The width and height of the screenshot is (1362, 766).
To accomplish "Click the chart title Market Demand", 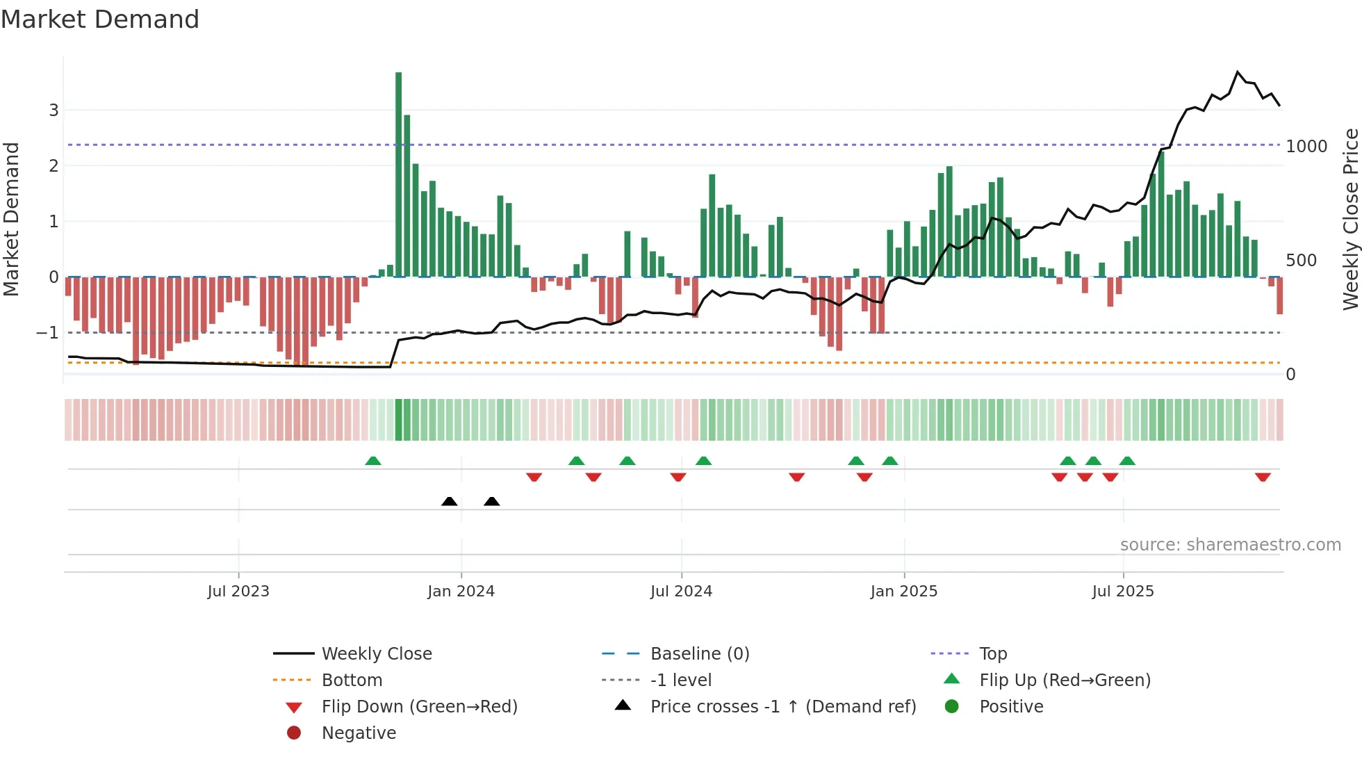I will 100,19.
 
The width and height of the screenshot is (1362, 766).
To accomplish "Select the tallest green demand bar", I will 398,174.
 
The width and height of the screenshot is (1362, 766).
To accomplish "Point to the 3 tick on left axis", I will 54,110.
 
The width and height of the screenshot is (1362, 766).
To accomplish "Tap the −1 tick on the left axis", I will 47,333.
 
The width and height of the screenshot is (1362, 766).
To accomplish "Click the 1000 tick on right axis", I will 1306,147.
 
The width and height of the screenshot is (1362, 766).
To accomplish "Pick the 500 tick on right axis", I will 1301,261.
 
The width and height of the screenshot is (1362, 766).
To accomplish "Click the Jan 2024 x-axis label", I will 461,592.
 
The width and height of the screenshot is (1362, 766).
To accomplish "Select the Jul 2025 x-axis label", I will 1123,592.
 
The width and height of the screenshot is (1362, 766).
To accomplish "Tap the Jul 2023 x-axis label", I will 238,592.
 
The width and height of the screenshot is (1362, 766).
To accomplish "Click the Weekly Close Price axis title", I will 1350,219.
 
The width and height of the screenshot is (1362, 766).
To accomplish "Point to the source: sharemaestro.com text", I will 1230,545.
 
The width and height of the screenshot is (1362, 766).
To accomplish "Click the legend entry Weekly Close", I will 377,654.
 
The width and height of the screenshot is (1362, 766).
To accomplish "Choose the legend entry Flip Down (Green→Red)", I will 419,707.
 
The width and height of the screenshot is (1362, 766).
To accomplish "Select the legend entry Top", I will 993,654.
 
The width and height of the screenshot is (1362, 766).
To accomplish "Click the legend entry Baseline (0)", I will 700,654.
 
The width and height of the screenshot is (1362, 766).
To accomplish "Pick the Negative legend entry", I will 359,733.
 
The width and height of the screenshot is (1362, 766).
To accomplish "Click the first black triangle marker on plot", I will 450,501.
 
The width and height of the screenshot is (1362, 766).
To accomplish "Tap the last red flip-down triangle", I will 1263,477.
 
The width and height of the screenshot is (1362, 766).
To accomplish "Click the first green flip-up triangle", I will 373,461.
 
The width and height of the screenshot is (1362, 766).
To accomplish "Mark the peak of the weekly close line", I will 1238,72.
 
